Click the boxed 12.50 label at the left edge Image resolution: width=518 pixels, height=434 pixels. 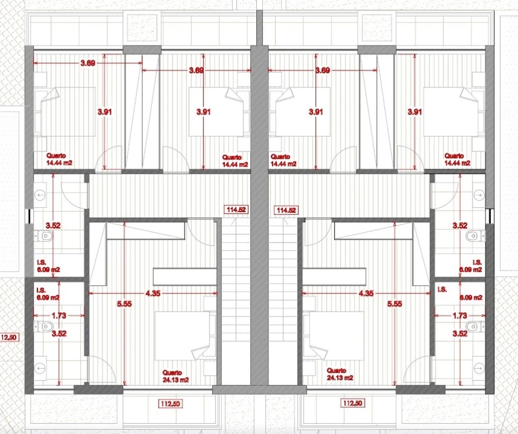(9, 338)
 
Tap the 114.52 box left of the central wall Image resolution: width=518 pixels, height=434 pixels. (236, 209)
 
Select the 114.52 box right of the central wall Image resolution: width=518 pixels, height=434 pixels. (286, 210)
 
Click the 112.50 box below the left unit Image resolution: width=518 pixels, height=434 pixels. (171, 404)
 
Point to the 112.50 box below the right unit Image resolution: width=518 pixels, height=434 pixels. (353, 403)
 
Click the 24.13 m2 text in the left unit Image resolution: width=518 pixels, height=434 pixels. (175, 380)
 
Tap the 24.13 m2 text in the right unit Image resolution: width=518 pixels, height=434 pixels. (340, 378)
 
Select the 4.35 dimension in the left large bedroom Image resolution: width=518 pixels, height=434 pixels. (153, 294)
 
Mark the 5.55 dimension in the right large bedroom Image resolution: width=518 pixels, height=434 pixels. (395, 304)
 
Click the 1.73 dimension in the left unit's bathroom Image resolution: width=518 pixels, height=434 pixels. (59, 315)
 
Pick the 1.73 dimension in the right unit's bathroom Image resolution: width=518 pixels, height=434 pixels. (460, 315)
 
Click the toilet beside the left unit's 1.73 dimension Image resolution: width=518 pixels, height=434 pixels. (43, 327)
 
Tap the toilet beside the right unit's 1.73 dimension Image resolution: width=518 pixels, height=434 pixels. (475, 326)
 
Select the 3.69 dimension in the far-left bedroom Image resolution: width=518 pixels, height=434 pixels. (88, 63)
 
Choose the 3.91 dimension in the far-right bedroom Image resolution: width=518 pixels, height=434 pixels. (415, 112)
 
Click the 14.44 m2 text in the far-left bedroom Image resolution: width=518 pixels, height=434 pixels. (60, 163)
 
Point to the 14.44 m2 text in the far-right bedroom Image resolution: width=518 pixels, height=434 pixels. (458, 163)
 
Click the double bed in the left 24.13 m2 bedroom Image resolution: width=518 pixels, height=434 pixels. (183, 336)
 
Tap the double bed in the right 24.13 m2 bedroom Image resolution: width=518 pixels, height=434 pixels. (336, 336)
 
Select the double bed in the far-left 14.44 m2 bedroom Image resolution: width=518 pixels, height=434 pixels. (65, 112)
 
